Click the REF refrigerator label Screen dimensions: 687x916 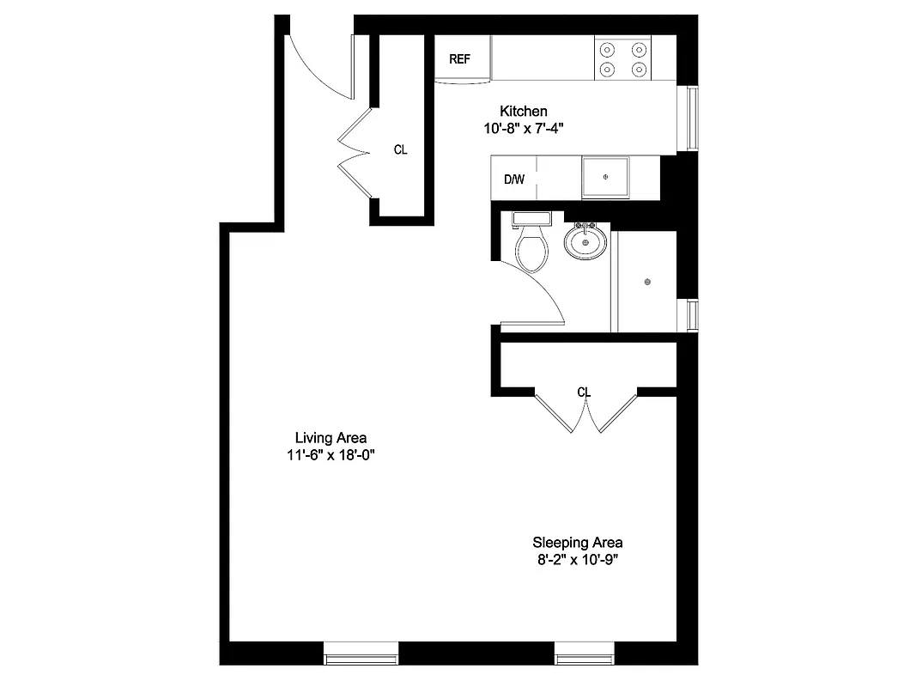click(460, 59)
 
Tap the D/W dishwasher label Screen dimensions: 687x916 click(513, 179)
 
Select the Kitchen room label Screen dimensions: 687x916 click(524, 111)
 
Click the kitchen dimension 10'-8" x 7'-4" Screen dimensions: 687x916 click(524, 129)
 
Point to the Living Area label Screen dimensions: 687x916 click(331, 437)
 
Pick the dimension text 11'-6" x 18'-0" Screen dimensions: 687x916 click(331, 456)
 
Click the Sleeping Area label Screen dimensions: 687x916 click(578, 542)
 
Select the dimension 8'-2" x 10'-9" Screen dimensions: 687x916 click(578, 561)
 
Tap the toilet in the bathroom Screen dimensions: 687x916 click(531, 247)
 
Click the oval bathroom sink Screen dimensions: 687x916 click(586, 241)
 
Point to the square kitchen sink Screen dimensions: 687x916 click(606, 177)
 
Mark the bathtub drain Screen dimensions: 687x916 click(647, 282)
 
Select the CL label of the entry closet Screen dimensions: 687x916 click(400, 149)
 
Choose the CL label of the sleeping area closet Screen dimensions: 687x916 click(585, 392)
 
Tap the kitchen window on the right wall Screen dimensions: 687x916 click(689, 119)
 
